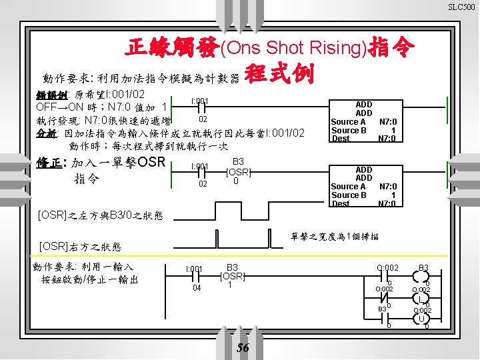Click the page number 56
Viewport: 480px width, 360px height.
pos(243,348)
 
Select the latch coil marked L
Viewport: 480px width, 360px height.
pos(421,299)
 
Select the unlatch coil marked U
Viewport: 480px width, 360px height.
pos(421,319)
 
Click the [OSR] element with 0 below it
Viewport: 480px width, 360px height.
pos(238,172)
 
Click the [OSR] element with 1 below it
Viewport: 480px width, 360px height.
pos(233,276)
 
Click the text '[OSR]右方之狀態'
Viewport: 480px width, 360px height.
pos(79,246)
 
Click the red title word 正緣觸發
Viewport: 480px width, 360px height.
pos(172,47)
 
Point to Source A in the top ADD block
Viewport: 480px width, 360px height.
pos(348,122)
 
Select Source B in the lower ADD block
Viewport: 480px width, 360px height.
pos(349,195)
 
